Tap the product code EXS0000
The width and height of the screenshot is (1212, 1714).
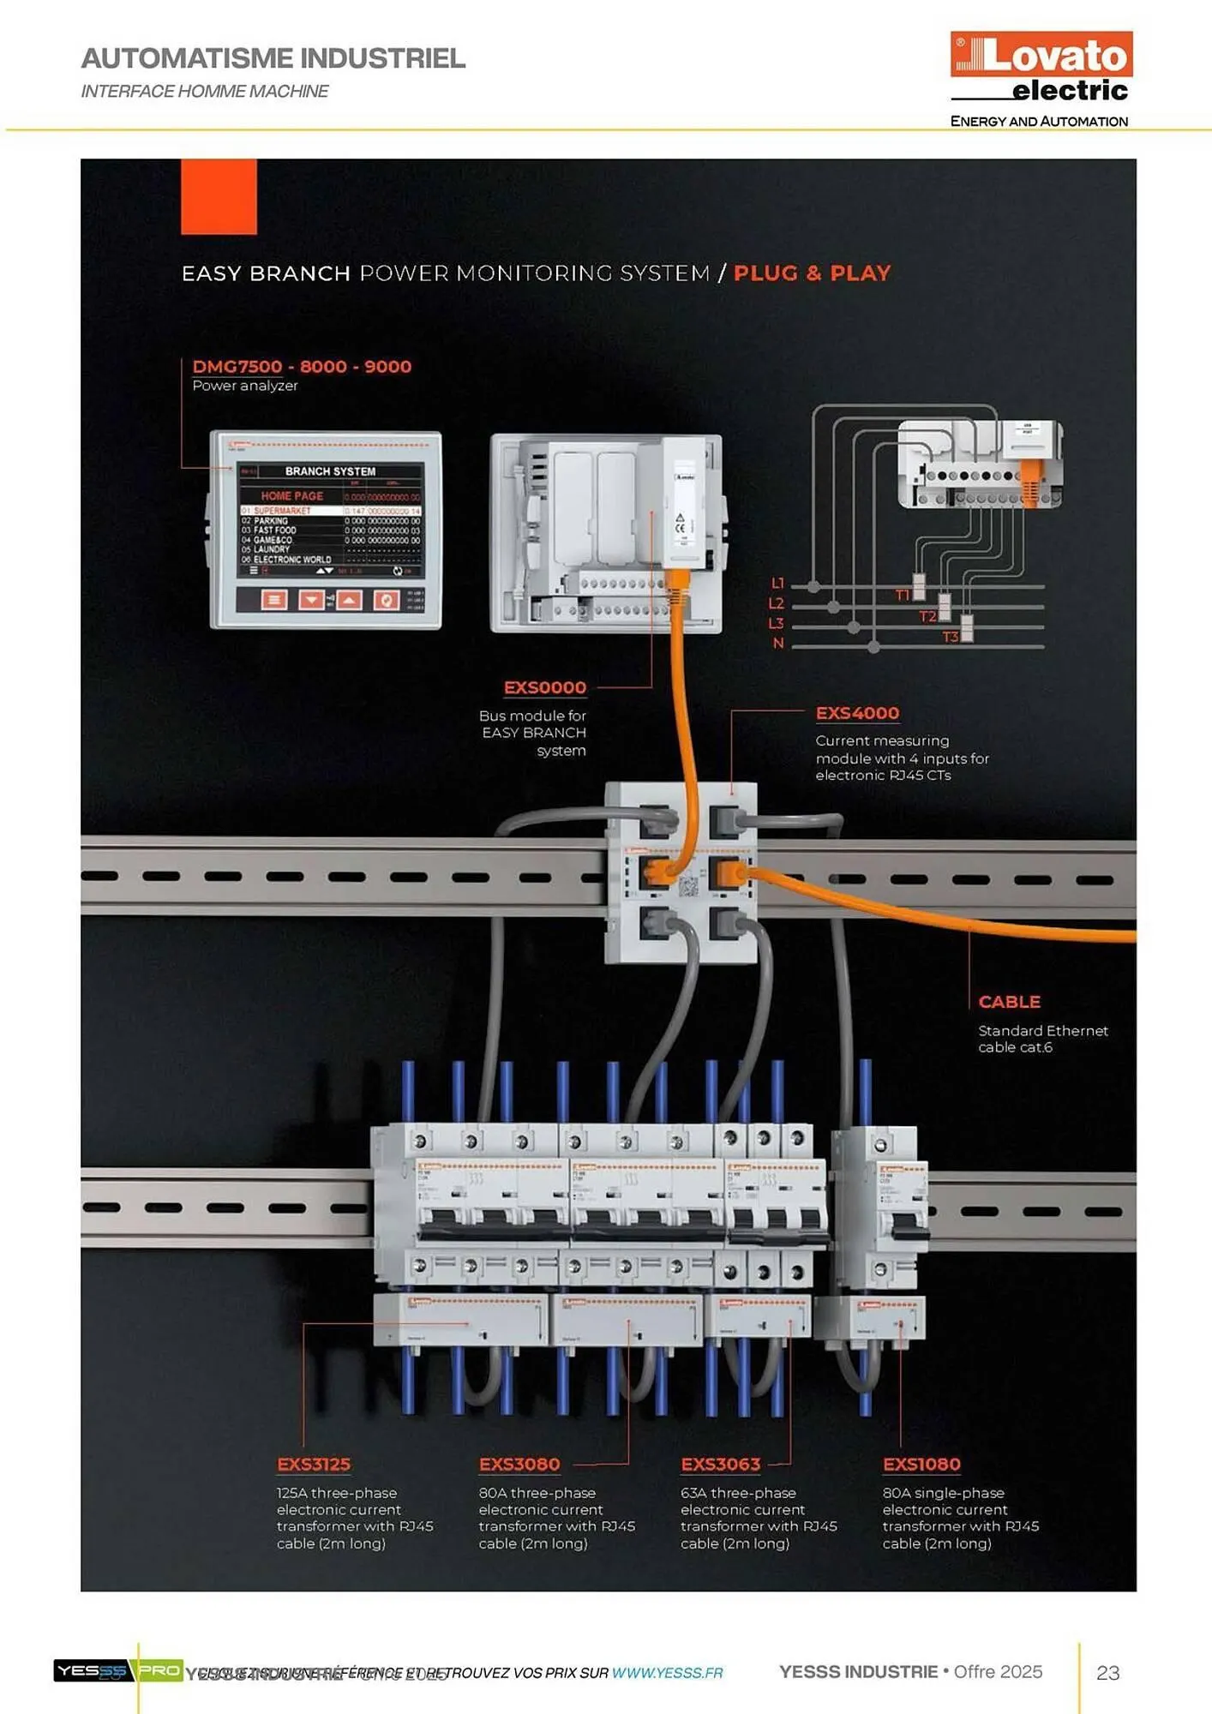(544, 687)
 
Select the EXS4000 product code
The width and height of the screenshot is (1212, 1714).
(857, 713)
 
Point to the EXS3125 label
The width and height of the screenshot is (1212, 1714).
(314, 1464)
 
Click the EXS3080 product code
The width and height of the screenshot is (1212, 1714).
(519, 1464)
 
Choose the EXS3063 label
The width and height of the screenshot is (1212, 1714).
(720, 1464)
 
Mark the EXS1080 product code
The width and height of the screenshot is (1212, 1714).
(921, 1464)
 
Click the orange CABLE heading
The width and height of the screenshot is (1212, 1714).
(1009, 1002)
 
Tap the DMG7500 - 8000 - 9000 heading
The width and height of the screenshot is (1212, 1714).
(302, 367)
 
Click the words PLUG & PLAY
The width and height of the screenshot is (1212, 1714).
(812, 273)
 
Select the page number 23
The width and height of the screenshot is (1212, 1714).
(1107, 1672)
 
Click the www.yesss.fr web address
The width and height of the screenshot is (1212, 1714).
(667, 1673)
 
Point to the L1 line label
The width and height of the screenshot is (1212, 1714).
(777, 584)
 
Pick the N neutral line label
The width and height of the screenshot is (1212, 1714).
(778, 643)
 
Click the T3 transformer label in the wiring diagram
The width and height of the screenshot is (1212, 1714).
(950, 637)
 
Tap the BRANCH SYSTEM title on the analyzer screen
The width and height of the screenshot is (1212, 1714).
(330, 471)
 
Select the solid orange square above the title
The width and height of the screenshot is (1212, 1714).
(219, 196)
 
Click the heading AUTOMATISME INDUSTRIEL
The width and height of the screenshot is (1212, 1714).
(273, 58)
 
